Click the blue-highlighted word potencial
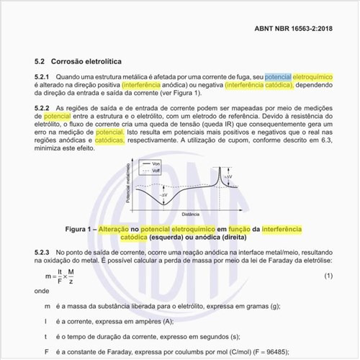pyautogui.click(x=279, y=77)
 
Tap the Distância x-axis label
pyautogui.click(x=191, y=215)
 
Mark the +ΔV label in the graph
pyautogui.click(x=228, y=176)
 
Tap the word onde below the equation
pyautogui.click(x=41, y=292)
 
